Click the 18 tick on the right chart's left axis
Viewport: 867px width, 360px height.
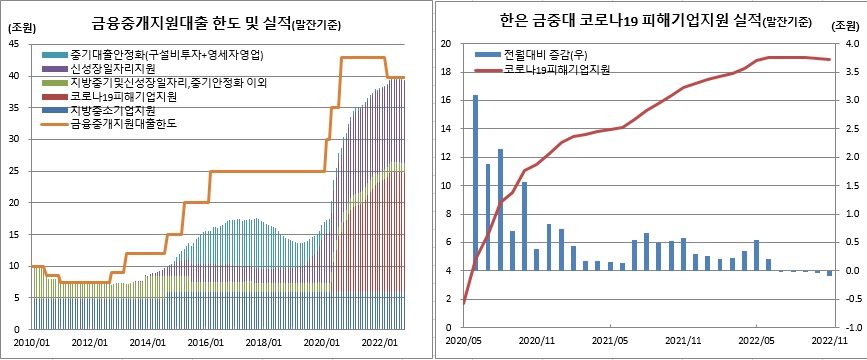pos(445,72)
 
